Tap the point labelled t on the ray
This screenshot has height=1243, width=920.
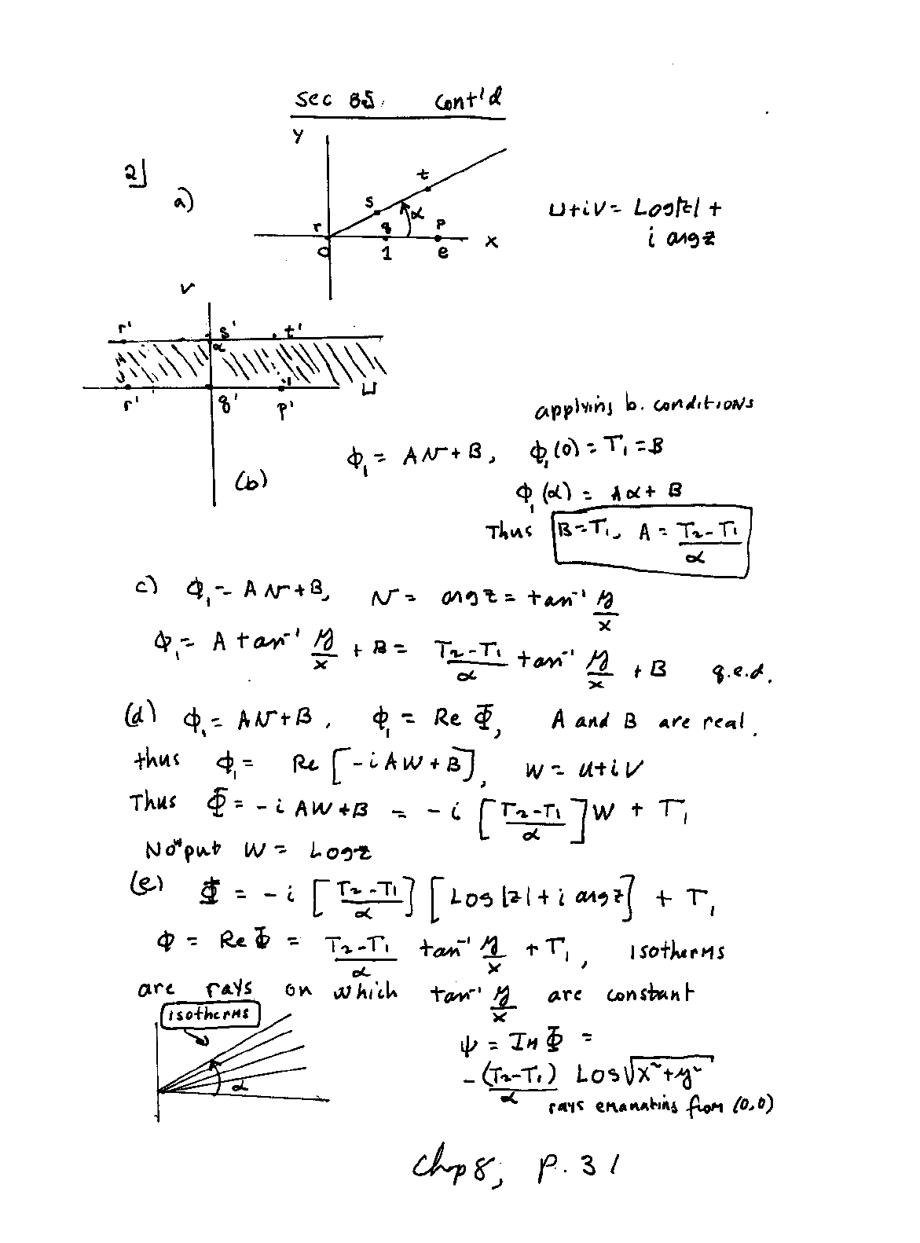[427, 189]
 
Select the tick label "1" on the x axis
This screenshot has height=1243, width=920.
[387, 253]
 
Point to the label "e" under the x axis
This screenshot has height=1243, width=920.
[442, 253]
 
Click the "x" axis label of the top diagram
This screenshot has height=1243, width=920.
[491, 242]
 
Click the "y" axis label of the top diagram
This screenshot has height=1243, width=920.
[299, 136]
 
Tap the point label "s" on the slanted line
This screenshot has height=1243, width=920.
[369, 203]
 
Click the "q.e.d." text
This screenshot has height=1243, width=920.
[750, 672]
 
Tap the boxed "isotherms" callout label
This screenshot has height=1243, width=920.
[210, 1014]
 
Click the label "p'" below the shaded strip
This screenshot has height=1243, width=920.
[284, 410]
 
